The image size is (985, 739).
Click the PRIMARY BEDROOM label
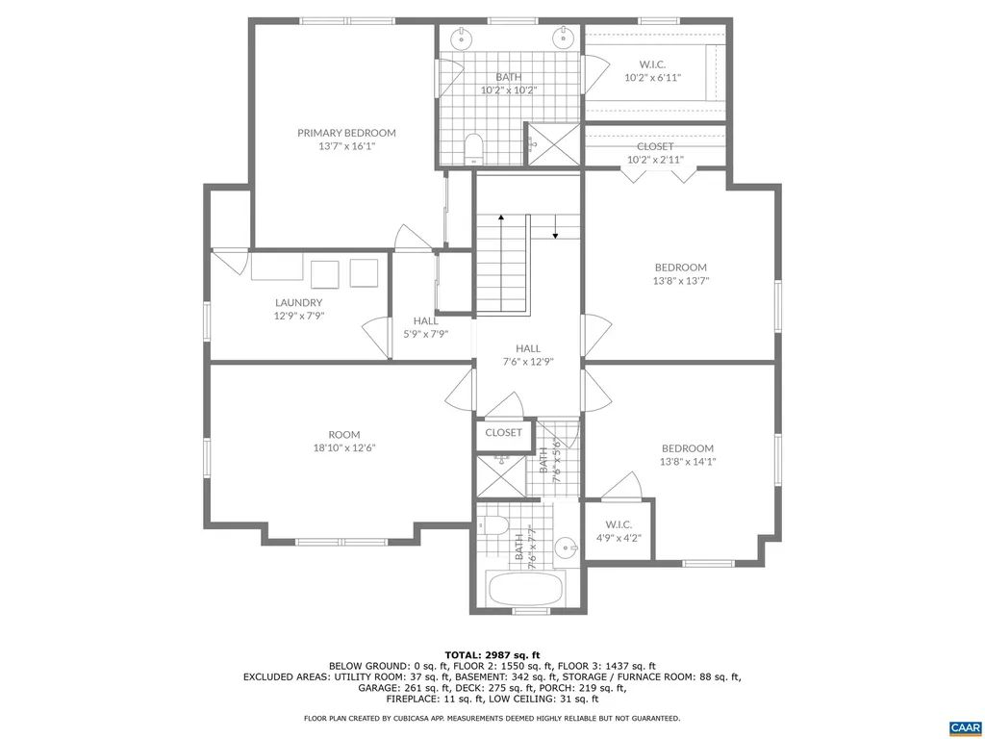[346, 133]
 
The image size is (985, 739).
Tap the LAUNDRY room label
[298, 302]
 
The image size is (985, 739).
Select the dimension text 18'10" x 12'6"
[344, 447]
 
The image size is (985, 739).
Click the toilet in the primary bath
[472, 147]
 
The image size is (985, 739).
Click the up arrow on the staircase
[501, 222]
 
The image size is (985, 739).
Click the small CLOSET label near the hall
[503, 433]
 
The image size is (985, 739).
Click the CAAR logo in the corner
[964, 726]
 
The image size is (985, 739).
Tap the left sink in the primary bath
[463, 38]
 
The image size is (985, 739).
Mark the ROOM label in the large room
[344, 434]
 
